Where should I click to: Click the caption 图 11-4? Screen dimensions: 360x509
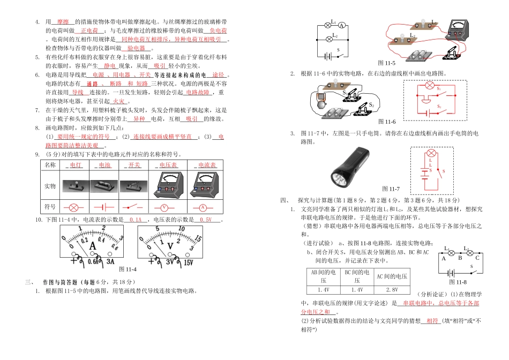128,269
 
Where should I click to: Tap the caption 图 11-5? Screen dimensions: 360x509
386,63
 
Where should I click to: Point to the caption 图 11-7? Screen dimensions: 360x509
391,189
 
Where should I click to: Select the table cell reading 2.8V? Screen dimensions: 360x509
391,289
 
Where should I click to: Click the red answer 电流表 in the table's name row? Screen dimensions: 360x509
207,166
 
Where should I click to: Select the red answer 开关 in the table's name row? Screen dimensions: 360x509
133,166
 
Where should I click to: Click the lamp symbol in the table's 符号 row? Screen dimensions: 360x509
74,207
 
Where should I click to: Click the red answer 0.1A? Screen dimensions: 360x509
135,220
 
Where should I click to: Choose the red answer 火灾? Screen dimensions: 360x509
118,101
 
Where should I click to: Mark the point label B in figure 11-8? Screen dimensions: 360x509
459,258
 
